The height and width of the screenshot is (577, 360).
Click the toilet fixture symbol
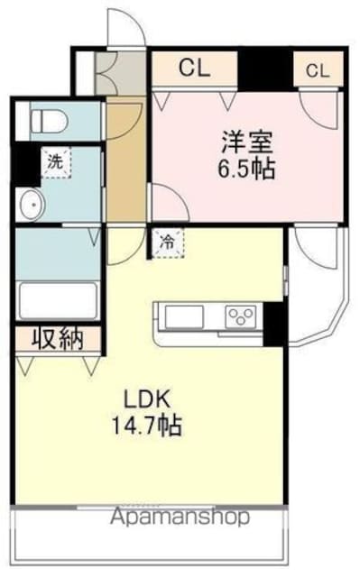[x=49, y=121]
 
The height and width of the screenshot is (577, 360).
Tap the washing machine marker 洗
[x=56, y=162]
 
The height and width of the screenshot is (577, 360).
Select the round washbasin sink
[x=32, y=205]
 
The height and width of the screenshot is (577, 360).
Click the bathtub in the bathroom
[x=58, y=300]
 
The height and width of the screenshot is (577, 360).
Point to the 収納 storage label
[x=58, y=339]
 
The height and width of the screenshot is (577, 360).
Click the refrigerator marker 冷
[x=168, y=243]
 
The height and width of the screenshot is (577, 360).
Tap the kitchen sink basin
[x=184, y=316]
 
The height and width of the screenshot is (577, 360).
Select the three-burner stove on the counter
[x=241, y=316]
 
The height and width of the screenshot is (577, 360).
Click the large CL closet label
[x=194, y=69]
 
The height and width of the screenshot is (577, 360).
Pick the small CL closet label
[x=318, y=70]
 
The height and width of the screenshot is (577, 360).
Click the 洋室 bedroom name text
[x=247, y=142]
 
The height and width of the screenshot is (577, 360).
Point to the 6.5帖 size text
[x=246, y=169]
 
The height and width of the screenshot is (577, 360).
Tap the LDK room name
[x=147, y=399]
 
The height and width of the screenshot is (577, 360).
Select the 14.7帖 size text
[x=146, y=426]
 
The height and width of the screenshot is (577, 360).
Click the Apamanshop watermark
[x=180, y=517]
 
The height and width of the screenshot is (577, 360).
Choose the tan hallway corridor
[x=126, y=160]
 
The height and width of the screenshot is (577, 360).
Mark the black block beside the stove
[x=273, y=325]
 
